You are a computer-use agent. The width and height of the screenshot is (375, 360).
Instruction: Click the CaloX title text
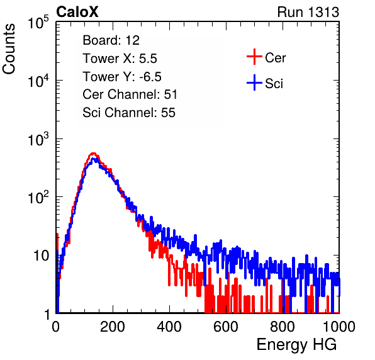(x=77, y=11)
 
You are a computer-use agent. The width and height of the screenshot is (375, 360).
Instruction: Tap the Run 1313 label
(x=308, y=12)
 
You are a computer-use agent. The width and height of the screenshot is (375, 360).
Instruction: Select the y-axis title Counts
(x=9, y=49)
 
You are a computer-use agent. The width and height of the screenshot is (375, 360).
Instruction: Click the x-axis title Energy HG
(x=296, y=344)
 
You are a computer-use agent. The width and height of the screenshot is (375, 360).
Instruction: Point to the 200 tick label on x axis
(x=113, y=327)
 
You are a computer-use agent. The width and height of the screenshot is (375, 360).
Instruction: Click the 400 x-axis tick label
(x=169, y=327)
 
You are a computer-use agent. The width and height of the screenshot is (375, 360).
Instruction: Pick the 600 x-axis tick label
(x=226, y=327)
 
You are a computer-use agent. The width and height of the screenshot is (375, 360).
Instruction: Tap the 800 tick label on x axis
(x=283, y=327)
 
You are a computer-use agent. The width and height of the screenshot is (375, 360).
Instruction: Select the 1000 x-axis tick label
(x=339, y=327)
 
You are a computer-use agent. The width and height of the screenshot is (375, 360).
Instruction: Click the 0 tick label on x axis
(x=55, y=327)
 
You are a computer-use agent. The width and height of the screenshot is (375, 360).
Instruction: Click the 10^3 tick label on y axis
(x=38, y=139)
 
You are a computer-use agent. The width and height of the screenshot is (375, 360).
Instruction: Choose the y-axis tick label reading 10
(x=41, y=256)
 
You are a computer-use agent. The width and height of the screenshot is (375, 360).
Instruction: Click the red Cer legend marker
(x=254, y=57)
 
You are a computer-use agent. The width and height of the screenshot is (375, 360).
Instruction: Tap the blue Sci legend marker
(x=254, y=83)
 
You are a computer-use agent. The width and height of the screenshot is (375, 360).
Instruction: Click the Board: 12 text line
(x=111, y=40)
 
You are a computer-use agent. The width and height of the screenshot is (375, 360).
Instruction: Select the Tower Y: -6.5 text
(x=122, y=77)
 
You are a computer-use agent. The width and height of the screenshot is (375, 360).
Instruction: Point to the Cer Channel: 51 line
(x=130, y=94)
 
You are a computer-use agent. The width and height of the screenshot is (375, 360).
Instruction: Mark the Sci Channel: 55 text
(x=129, y=113)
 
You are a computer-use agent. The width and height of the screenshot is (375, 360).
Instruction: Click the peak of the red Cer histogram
(x=93, y=154)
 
